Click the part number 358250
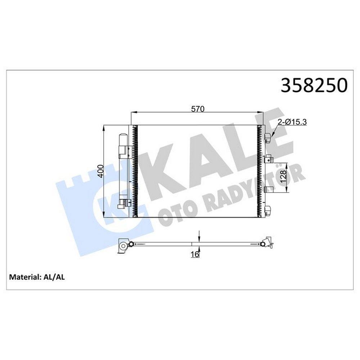(x=314, y=85)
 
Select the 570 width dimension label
(x=198, y=109)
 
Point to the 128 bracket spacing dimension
(x=283, y=176)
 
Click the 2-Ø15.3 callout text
(x=292, y=122)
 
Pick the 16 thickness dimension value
(x=195, y=255)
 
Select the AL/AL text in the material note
(x=54, y=277)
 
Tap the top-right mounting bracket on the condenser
(x=268, y=138)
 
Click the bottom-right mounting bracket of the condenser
(x=268, y=210)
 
